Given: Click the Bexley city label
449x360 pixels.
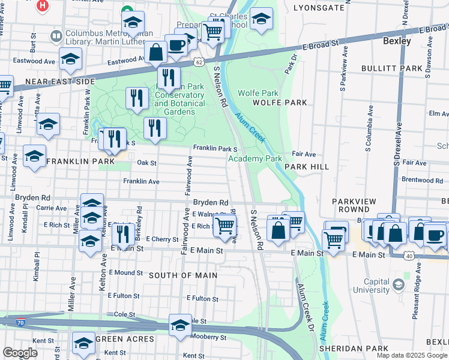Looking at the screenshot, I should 397,41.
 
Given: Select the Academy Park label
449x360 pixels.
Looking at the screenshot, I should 255,159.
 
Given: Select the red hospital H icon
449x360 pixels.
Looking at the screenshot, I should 43,6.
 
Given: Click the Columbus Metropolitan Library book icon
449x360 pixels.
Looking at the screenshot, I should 56,37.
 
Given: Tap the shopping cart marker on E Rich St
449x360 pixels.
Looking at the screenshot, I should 224,226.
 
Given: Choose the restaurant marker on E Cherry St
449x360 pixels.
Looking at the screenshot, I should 123,233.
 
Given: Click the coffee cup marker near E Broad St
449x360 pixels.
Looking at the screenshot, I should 176,44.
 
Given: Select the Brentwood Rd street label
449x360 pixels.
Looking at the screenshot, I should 421,180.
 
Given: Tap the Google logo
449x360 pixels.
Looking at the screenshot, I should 20,353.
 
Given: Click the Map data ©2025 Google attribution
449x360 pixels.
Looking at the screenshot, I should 412,355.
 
